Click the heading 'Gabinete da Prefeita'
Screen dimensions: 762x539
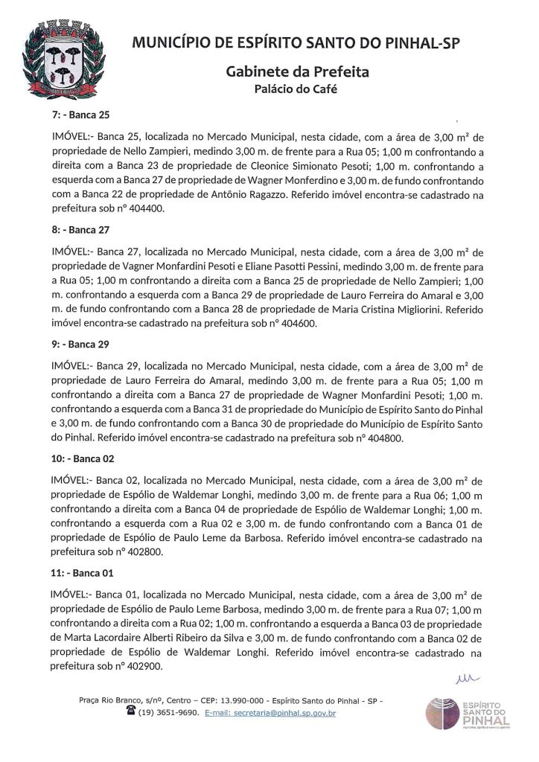[297, 72]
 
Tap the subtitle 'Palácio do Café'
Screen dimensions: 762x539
[296, 90]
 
